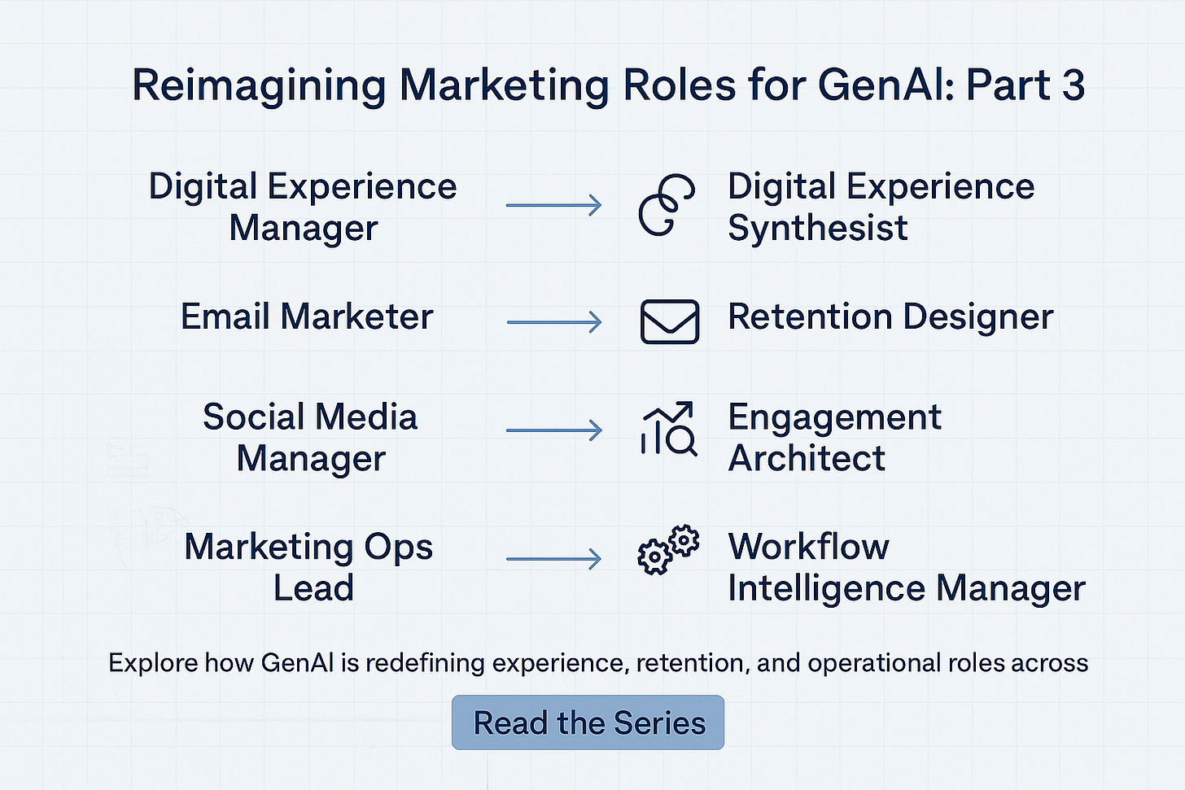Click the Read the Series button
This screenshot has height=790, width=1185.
588,722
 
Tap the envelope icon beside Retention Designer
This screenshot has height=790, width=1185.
669,321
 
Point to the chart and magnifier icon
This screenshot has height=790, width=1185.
668,429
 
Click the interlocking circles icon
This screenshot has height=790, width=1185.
667,204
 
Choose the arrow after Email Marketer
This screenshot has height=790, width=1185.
553,322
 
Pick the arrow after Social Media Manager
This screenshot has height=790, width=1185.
553,430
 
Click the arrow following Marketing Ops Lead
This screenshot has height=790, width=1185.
553,559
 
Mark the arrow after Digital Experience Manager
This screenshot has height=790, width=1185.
553,205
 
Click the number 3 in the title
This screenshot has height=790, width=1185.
1073,85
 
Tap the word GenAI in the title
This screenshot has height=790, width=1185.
887,85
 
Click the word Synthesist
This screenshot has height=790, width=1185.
817,228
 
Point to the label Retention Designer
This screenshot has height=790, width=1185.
890,316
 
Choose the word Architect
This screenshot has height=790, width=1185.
806,458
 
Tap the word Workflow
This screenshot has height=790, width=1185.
808,546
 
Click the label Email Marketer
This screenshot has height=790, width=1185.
307,316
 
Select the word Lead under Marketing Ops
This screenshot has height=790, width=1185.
313,587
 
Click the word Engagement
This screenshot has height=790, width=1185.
834,418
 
